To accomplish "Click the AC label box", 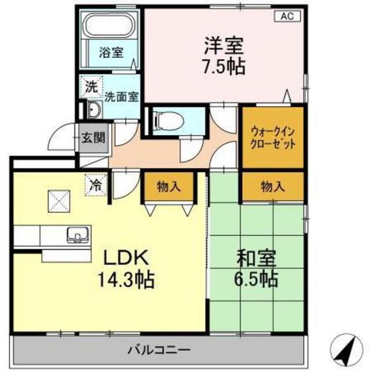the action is (x=288, y=16).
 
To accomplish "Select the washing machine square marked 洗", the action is (x=92, y=87).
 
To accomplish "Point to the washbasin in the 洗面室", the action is (x=94, y=110).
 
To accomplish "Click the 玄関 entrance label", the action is (x=93, y=137).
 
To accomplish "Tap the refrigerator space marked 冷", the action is (x=96, y=185).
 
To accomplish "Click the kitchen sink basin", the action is (x=78, y=234).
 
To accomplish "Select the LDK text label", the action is (x=126, y=257).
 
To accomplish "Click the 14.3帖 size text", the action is (x=126, y=280).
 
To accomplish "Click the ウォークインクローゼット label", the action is (x=273, y=138).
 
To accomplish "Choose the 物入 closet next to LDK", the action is (x=169, y=187).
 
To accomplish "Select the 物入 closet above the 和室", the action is (x=273, y=187).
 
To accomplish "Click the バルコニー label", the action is (x=159, y=350).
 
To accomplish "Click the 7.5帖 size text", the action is (x=224, y=67).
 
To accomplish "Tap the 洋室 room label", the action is (x=224, y=46).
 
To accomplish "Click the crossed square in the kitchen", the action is (x=59, y=202).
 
